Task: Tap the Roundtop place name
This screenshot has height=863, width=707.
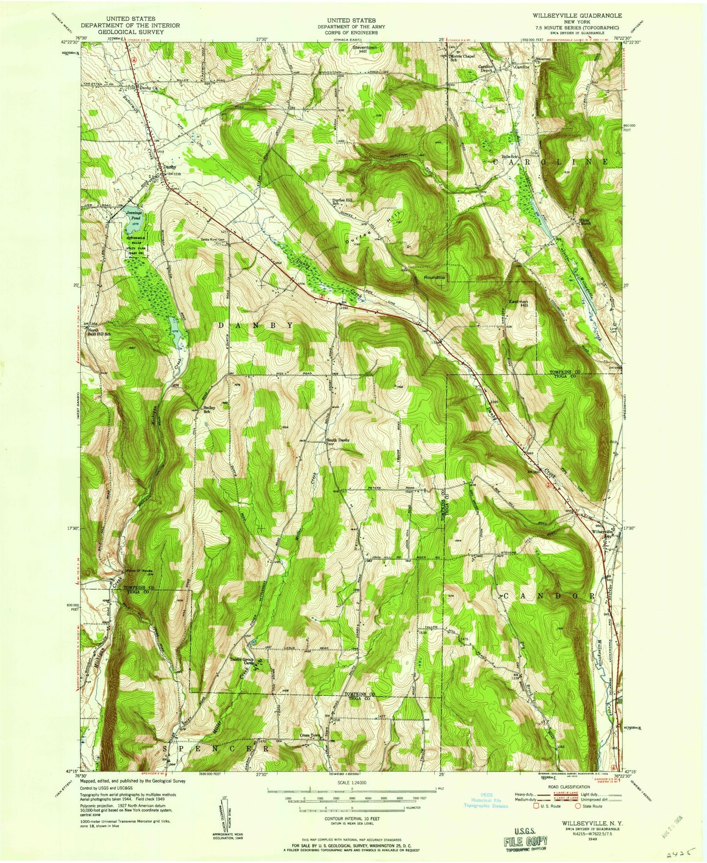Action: pos(434,277)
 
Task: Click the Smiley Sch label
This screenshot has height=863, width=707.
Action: pos(209,409)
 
